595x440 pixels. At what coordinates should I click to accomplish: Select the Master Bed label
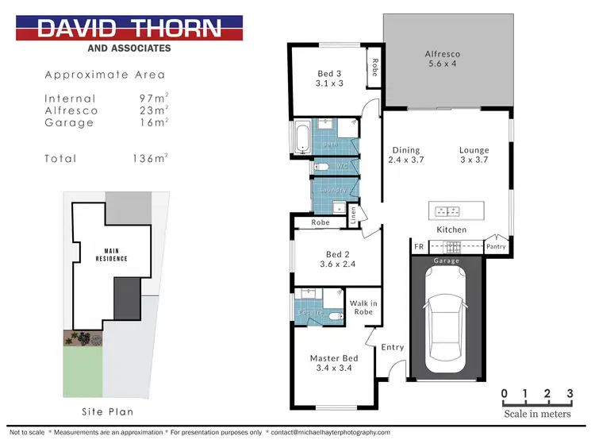[334, 364]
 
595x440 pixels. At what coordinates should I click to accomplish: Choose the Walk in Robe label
[363, 307]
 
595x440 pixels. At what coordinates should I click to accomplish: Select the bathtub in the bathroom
[302, 137]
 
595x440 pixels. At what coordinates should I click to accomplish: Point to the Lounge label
[474, 155]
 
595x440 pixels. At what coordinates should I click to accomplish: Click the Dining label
[405, 155]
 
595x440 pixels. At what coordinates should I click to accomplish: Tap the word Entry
[392, 347]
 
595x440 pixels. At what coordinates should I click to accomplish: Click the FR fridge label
[418, 247]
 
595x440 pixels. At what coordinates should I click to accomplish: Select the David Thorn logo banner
[129, 29]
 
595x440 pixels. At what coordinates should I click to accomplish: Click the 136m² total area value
[149, 159]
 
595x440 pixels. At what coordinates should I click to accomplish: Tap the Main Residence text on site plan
[111, 255]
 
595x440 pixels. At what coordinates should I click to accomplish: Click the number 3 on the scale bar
[569, 394]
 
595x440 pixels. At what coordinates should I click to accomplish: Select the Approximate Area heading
[106, 75]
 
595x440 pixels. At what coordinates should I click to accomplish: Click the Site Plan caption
[108, 411]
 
